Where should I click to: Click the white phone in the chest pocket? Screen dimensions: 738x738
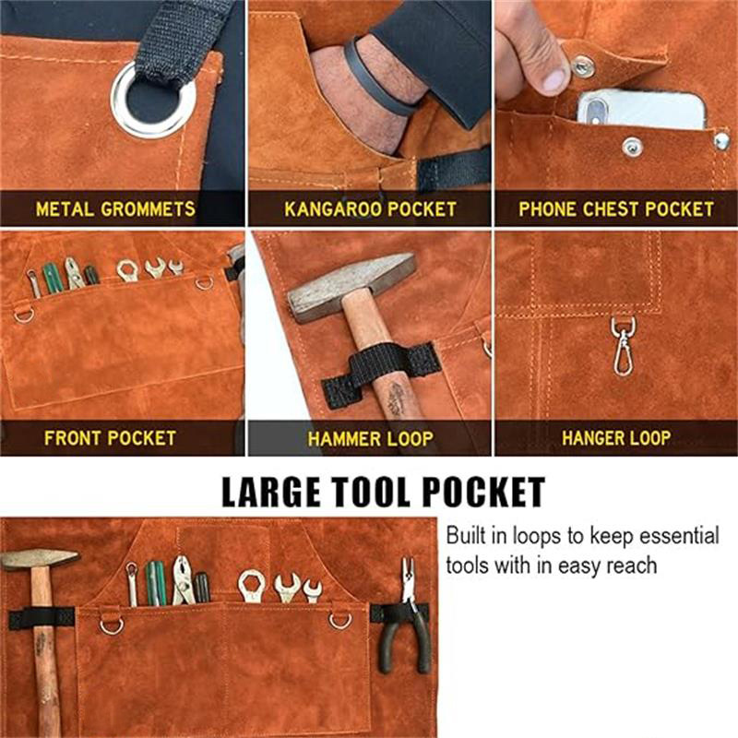640,111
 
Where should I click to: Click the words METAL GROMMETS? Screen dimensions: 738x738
115,208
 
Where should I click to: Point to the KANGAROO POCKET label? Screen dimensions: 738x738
370,208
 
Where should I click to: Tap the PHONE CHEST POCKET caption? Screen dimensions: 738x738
615,208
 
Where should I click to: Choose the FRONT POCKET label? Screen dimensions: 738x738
110,437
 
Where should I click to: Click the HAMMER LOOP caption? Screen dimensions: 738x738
372,437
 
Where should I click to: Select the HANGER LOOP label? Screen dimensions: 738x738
615,437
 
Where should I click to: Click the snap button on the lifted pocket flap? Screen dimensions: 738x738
582,66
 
